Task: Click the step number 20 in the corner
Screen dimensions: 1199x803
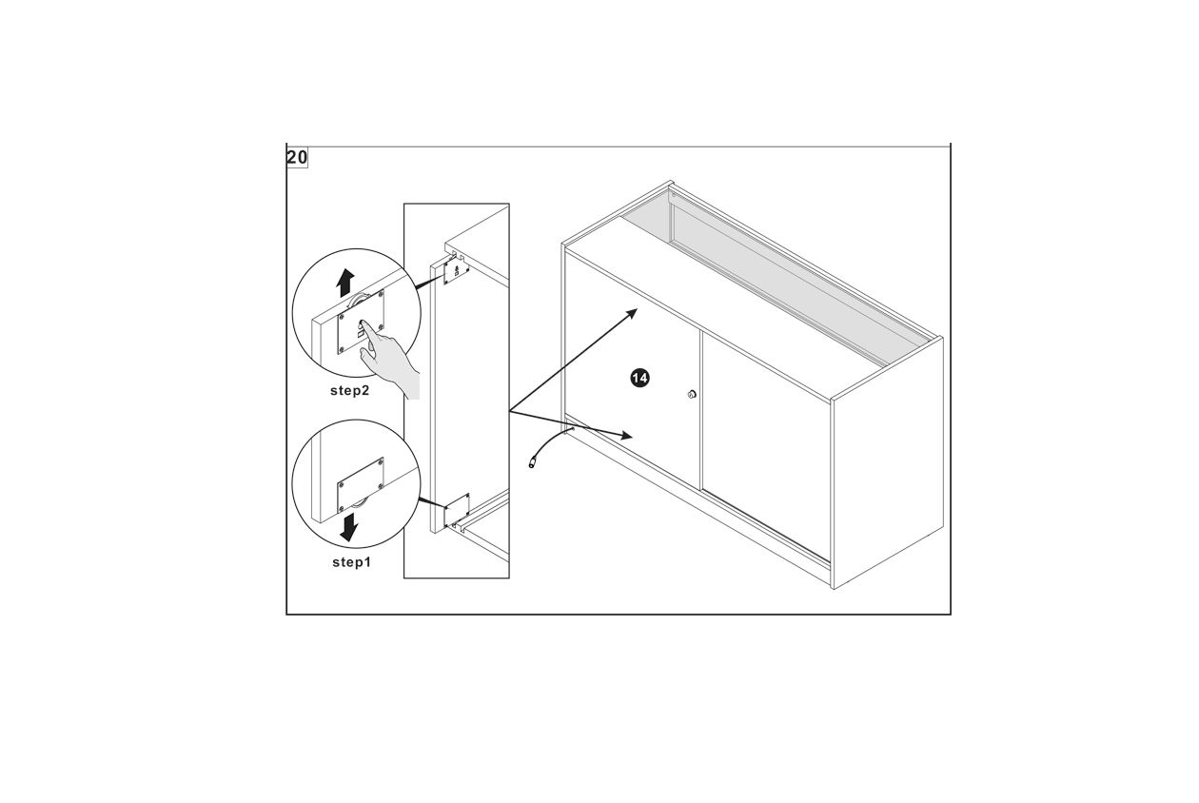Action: tap(297, 157)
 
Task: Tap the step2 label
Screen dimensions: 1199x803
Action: tap(349, 391)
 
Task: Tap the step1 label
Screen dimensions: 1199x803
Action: tap(351, 562)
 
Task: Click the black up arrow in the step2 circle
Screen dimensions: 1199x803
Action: tap(345, 283)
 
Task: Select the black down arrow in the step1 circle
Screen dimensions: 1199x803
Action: tap(349, 527)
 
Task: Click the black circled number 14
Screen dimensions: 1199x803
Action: tap(639, 378)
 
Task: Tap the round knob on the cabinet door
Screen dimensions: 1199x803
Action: tap(692, 395)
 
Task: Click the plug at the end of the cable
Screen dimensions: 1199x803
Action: tap(533, 463)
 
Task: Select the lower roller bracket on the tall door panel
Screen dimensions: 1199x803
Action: tap(457, 510)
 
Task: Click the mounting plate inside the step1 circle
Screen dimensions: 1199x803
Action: tap(361, 485)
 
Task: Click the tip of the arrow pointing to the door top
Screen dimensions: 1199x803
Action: tap(637, 309)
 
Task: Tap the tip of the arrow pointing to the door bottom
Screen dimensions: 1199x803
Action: tap(633, 437)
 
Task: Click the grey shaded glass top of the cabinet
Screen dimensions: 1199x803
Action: tap(776, 273)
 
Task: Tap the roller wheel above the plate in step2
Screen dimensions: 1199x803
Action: tap(359, 301)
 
